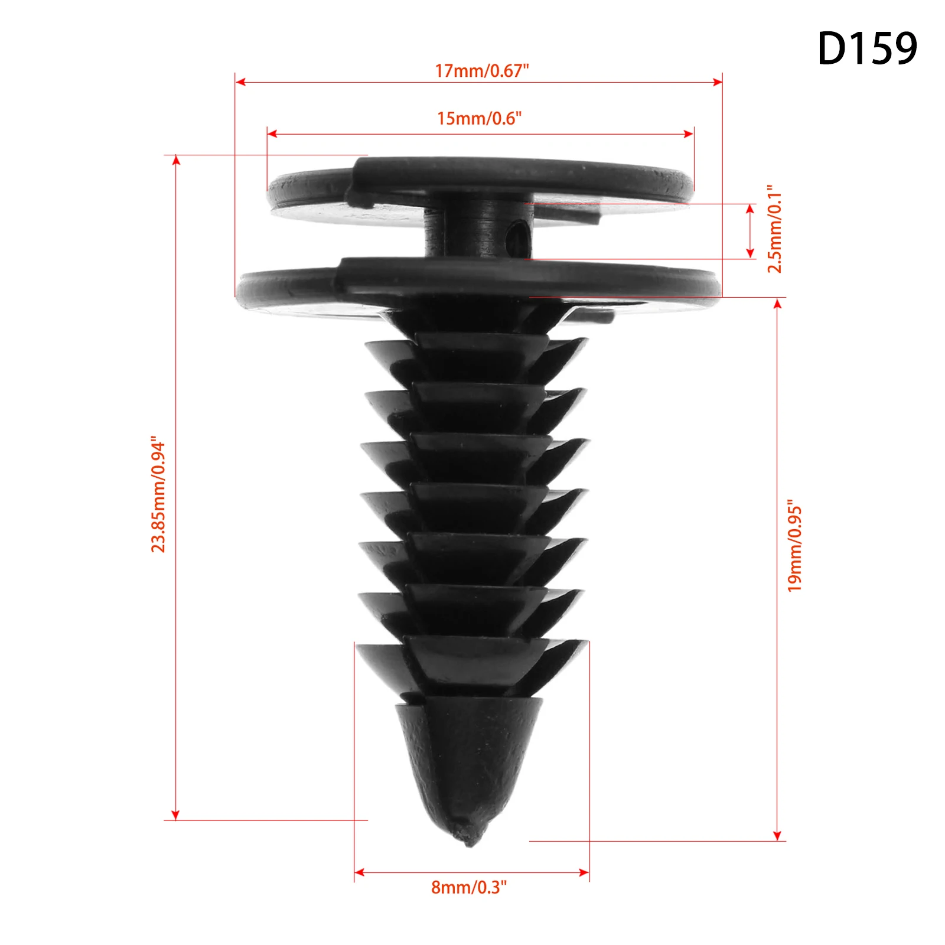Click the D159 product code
pos(866,48)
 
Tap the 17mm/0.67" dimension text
pos(481,71)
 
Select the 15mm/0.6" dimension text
pos(479,119)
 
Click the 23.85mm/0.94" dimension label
pos(158,495)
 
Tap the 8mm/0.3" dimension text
pos(469,887)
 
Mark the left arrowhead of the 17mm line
pos(240,82)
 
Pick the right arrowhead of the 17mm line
pos(718,82)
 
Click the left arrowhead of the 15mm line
pos(272,134)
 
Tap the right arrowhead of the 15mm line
pos(689,134)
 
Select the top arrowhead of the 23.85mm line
pos(175,160)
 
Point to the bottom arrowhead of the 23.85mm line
pos(175,816)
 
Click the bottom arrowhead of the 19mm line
pos(777,836)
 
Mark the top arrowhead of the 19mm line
pos(777,303)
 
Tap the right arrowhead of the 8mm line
pos(585,872)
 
